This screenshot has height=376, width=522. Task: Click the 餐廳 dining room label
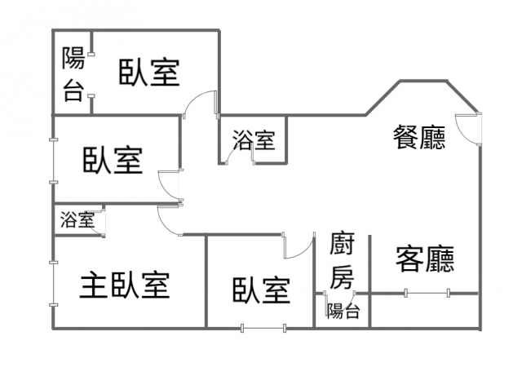click(x=419, y=138)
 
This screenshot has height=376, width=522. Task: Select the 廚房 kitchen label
click(x=343, y=260)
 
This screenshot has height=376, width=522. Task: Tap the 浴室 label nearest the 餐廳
click(x=253, y=140)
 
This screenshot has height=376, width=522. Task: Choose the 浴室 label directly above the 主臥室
click(x=77, y=219)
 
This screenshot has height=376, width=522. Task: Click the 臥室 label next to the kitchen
click(x=261, y=290)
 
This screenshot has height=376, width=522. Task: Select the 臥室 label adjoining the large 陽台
click(x=149, y=72)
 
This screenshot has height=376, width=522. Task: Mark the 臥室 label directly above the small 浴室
click(x=113, y=160)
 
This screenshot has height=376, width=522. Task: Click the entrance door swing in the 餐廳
click(x=468, y=126)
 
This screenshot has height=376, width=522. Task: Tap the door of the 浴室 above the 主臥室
click(x=100, y=223)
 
